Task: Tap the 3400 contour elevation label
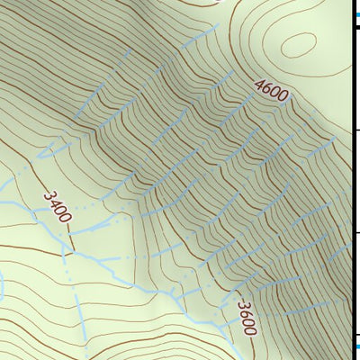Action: (x=57, y=206)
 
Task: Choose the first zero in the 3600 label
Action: (x=247, y=321)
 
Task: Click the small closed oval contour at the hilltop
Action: (x=298, y=42)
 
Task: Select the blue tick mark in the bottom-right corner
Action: (x=355, y=346)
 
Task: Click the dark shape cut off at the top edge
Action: (x=216, y=2)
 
